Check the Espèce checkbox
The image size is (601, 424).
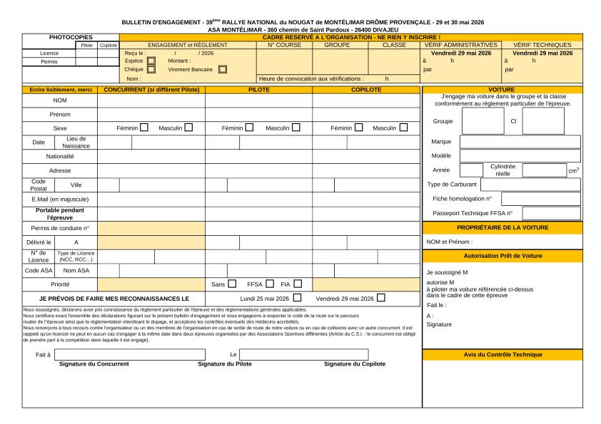coord(151,61)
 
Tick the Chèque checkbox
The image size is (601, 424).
coord(151,70)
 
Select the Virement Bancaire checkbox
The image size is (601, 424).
coord(223,70)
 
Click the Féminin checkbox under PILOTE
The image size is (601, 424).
coord(249,128)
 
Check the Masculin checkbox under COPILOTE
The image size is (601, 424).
coord(404,128)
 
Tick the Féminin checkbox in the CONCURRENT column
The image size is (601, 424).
coord(144,128)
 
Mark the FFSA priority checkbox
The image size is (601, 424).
coord(270,284)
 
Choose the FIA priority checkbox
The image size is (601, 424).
coord(297,284)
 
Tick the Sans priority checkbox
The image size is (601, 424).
coord(232,284)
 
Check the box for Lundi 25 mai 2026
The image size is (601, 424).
coord(297,298)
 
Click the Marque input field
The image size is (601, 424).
coord(520,141)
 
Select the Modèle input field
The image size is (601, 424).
coord(520,155)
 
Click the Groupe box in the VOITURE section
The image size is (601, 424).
coord(483,121)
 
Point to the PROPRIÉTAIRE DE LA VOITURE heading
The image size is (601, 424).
coord(502,227)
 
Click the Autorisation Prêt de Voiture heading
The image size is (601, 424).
coord(502,254)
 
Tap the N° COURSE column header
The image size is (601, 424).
coord(285,45)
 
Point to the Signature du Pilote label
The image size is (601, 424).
coord(226,364)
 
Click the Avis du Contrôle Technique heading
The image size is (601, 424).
coord(502,354)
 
